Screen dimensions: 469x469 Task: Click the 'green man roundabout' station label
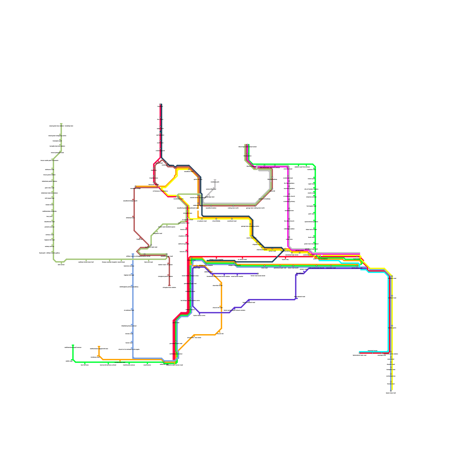[320, 259]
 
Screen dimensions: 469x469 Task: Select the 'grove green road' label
[357, 268]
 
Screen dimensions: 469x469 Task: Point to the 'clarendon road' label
[331, 268]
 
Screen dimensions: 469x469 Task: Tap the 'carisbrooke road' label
[120, 363]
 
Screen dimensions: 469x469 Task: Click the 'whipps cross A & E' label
[235, 265]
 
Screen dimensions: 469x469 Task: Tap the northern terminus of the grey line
[215, 180]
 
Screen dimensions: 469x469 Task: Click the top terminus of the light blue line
[133, 254]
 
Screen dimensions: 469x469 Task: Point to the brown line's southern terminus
[169, 285]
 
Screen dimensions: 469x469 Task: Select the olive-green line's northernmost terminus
[61, 124]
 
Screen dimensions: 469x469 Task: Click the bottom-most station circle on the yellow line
[391, 391]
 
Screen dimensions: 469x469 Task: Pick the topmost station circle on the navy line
[160, 105]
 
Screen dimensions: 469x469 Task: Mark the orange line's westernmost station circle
[135, 186]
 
